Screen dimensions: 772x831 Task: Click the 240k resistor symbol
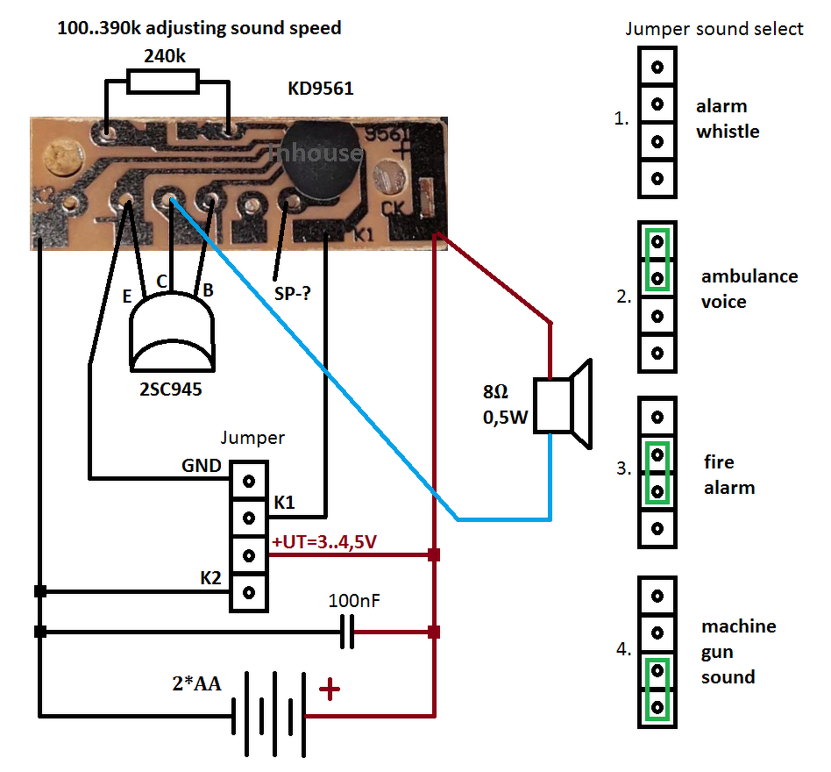pyautogui.click(x=162, y=82)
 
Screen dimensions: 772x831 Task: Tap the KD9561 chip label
pyautogui.click(x=321, y=89)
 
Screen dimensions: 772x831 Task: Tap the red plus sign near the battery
pyautogui.click(x=330, y=690)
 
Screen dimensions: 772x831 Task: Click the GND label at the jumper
pyautogui.click(x=201, y=466)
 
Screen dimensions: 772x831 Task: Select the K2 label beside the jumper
pyautogui.click(x=211, y=578)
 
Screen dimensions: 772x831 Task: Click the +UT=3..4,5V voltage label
pyautogui.click(x=324, y=543)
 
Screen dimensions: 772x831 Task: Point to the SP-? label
pyautogui.click(x=291, y=295)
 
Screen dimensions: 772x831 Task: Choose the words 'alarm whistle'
pyautogui.click(x=727, y=119)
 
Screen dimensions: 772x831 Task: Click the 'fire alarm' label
pyautogui.click(x=729, y=475)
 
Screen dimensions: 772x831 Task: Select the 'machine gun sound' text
pyautogui.click(x=737, y=652)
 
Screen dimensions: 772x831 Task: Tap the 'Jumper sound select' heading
pyautogui.click(x=714, y=29)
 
